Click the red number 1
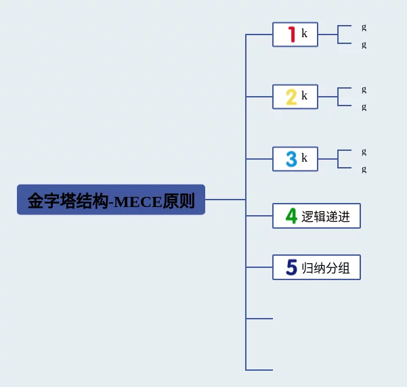(292, 35)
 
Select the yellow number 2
(291, 97)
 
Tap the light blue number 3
(291, 159)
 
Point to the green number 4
(291, 216)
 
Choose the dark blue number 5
(291, 267)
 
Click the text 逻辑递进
(326, 217)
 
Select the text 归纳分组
(326, 268)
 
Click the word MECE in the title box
(137, 202)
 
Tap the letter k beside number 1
(304, 33)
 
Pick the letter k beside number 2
(304, 95)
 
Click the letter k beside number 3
(304, 158)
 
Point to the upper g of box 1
(364, 27)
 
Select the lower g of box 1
(364, 45)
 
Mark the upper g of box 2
(364, 90)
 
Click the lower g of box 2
(364, 107)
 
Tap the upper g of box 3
(364, 152)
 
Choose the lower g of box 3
(364, 169)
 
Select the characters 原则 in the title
(179, 201)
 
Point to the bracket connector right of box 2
(338, 97)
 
